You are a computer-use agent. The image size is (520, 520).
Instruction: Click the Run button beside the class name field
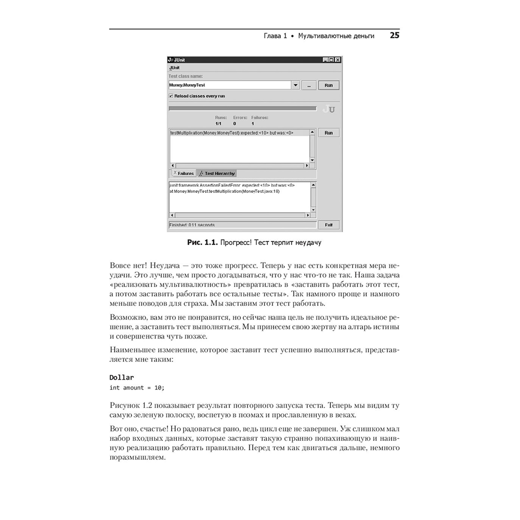328,85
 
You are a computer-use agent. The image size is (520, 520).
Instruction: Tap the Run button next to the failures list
328,133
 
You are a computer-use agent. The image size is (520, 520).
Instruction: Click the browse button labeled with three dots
309,85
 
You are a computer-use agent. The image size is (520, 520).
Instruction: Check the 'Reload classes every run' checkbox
171,96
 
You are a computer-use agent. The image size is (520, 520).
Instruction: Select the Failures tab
183,173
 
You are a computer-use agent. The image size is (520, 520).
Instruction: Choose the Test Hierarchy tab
217,173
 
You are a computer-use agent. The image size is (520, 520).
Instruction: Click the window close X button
338,60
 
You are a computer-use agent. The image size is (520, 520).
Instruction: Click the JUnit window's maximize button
332,60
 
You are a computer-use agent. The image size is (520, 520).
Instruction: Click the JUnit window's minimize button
326,60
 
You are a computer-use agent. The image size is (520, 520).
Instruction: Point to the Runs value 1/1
218,124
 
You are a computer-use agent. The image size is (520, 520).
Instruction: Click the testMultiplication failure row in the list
231,133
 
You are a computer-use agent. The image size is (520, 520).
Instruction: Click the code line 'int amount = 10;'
137,387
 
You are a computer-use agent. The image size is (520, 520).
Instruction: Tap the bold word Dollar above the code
122,377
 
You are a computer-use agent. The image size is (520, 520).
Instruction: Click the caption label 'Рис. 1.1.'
202,242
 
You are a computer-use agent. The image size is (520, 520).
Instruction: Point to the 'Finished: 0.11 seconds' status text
192,225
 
